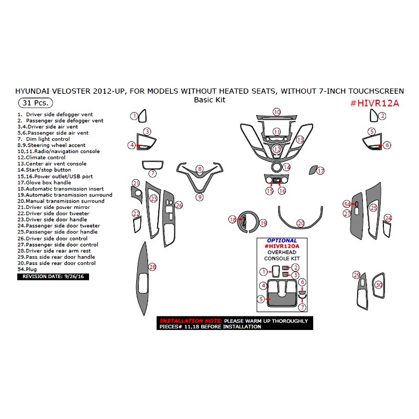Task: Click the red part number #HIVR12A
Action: tap(374, 103)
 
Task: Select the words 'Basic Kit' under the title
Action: tap(210, 100)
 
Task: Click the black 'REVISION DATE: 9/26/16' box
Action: tap(52, 277)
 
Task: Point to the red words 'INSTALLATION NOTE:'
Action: tap(191, 320)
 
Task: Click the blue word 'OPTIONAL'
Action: tap(282, 240)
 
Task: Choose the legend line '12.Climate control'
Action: tap(41, 157)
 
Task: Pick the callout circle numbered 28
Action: tap(152, 267)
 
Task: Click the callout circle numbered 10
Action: tap(277, 112)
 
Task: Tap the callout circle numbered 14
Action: tap(286, 167)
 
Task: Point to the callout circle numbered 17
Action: tap(321, 171)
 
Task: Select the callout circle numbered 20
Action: tap(300, 223)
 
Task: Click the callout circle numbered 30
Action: tap(379, 284)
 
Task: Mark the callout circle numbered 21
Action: tap(136, 183)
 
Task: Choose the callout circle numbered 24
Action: tap(388, 218)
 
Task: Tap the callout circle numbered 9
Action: tap(200, 197)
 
